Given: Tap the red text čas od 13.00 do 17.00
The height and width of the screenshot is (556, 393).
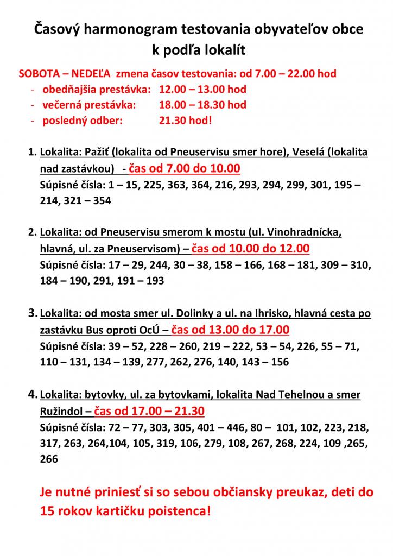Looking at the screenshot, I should coord(230,330).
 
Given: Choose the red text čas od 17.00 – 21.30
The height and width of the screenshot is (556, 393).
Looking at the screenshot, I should coord(150,410).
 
